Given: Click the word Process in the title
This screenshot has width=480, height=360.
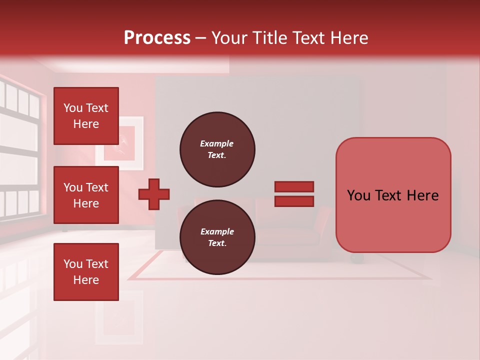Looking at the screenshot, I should tap(157, 38).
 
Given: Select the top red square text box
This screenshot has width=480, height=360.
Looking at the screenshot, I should tap(86, 116).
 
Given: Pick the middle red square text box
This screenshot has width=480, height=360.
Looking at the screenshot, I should tap(86, 195).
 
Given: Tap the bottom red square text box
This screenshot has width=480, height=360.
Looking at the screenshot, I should tap(86, 271).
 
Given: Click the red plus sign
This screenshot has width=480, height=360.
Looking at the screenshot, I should tap(154, 194).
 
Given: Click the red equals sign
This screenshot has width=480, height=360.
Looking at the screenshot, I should tap(294, 194).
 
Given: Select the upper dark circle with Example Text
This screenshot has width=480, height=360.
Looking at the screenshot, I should tap(217, 149).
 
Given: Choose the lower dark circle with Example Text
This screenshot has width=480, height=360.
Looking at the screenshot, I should tap(217, 237).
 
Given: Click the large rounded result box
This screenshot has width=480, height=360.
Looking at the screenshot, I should tap(393, 195).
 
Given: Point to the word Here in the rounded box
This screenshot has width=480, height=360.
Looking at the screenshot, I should tap(422, 195).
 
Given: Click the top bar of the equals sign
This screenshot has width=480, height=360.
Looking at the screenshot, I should tap(294, 186).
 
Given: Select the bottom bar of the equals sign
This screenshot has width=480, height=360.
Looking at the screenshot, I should tap(294, 201).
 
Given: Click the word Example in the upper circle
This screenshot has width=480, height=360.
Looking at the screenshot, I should tap(217, 143).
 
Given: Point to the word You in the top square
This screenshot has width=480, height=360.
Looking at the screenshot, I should tap(73, 108).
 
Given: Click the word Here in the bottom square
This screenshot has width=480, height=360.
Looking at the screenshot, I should tap(86, 280).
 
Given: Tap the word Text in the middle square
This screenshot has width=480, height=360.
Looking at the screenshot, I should tap(96, 187).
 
